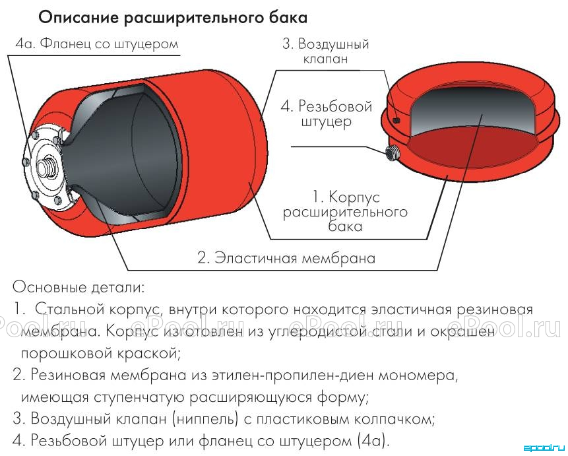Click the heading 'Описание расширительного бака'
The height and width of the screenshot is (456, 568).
click(x=173, y=18)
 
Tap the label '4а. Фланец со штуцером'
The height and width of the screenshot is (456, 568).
click(x=97, y=44)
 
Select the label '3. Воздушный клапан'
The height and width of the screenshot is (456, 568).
click(x=326, y=51)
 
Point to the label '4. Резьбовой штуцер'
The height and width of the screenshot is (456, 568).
click(x=327, y=114)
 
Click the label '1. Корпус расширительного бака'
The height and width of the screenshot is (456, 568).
click(x=345, y=212)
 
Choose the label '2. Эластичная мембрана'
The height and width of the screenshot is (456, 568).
click(x=286, y=258)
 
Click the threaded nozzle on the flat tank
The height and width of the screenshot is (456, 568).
click(x=393, y=153)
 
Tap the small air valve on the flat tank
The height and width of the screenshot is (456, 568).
click(x=396, y=119)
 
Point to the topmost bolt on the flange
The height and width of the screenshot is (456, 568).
click(x=35, y=135)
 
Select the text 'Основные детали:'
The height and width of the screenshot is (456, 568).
click(x=79, y=287)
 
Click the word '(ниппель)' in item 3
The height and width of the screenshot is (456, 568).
click(x=205, y=420)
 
